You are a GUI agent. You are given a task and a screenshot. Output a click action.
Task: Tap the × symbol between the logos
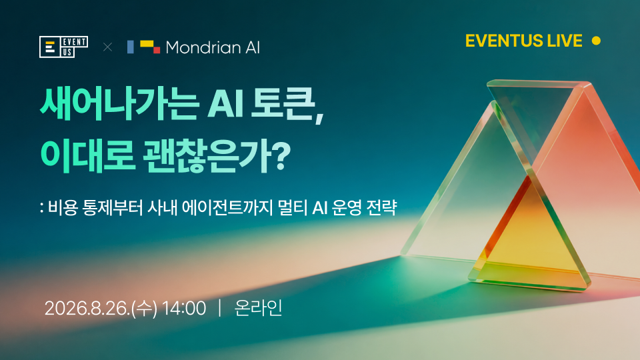pos(108,47)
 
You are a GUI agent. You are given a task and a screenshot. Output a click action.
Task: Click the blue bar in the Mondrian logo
pos(131,47)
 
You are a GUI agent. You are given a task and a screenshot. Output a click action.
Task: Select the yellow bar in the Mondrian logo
pos(147,44)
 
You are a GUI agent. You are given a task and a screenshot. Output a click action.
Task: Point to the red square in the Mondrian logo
pos(157,50)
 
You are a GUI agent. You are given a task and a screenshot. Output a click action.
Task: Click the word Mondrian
pos(203,48)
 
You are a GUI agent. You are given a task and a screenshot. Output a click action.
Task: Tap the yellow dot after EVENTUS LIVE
pos(596,41)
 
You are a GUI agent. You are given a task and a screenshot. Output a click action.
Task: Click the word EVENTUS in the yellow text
pos(504,41)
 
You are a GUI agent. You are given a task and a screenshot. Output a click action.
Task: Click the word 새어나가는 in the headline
pos(119,104)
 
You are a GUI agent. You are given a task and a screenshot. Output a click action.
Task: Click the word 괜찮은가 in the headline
pos(206,156)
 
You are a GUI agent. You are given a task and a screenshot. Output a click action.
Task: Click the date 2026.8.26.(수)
pos(101,308)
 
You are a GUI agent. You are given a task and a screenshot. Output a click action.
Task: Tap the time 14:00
pos(184,308)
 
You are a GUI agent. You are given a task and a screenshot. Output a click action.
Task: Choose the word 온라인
pos(258,308)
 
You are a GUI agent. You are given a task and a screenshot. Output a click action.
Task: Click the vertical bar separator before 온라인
pos(220,308)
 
